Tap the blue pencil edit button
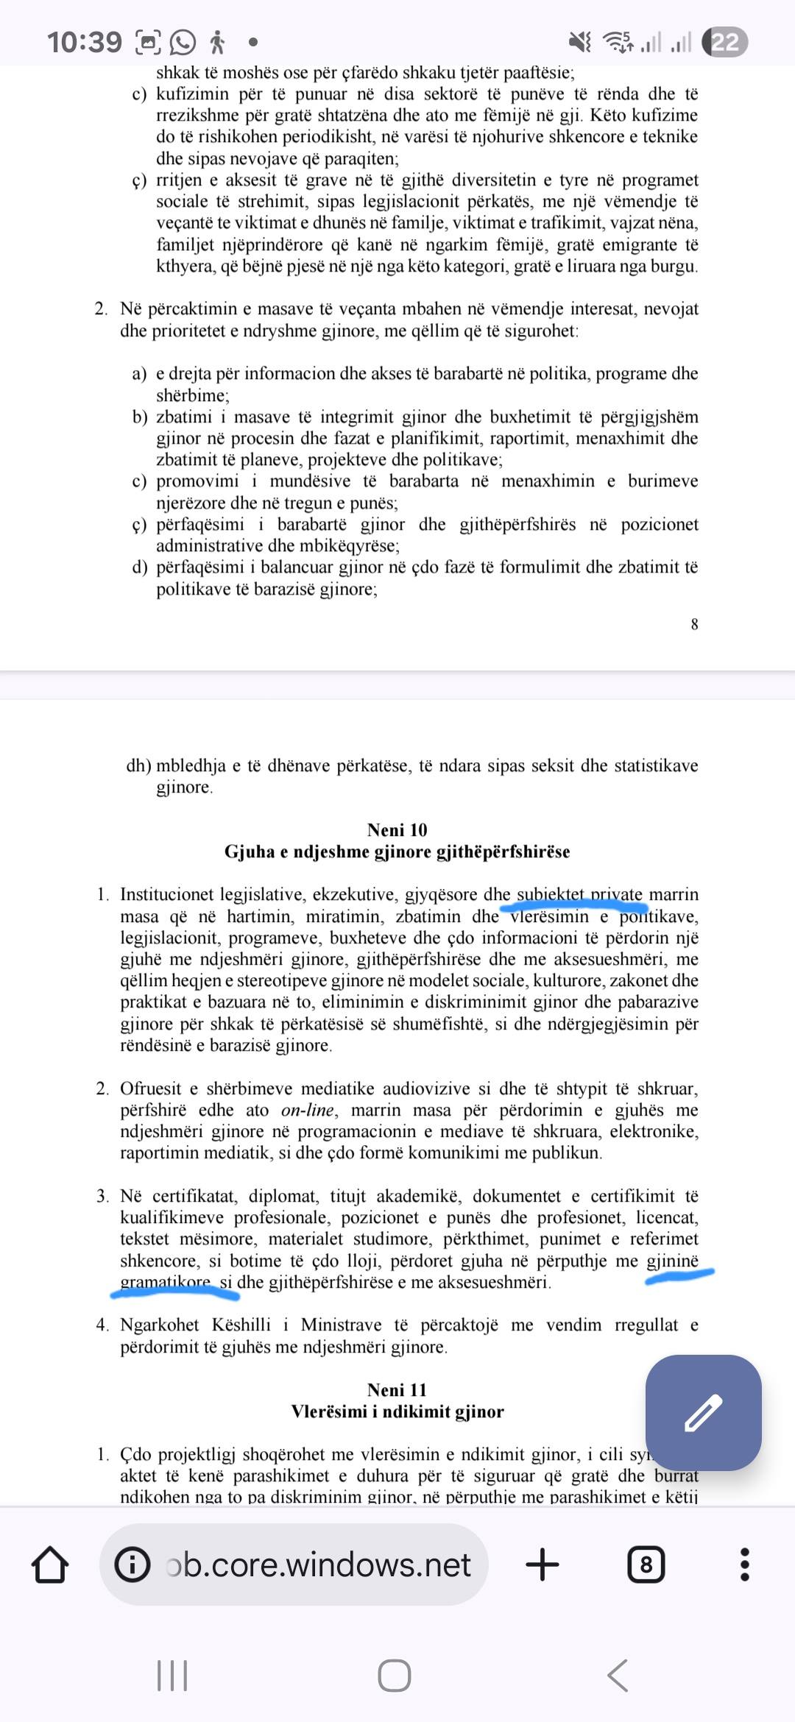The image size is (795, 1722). (703, 1412)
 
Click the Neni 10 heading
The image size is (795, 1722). (397, 830)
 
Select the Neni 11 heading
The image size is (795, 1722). (397, 1389)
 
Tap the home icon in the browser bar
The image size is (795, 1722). (50, 1565)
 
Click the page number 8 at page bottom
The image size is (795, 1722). (694, 625)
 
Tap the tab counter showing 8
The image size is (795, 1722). (646, 1565)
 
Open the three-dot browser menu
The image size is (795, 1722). (744, 1565)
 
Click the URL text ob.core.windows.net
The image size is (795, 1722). (319, 1565)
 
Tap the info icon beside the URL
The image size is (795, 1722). (132, 1565)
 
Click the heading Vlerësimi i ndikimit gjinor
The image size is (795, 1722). (397, 1411)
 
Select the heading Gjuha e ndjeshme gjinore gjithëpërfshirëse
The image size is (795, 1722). (397, 851)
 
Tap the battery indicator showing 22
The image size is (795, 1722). (724, 42)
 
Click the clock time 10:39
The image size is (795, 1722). (85, 42)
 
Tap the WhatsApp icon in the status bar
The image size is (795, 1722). (183, 42)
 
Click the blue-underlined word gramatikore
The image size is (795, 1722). (166, 1282)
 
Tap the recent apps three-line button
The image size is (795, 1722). (172, 1676)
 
